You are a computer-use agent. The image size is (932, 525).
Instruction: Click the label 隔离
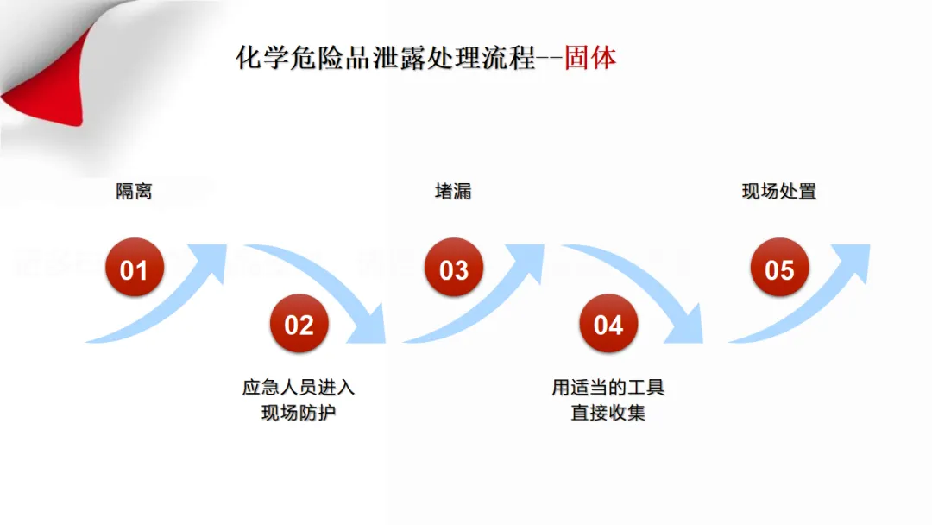click(x=134, y=191)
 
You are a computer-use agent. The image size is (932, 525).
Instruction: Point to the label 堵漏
click(x=453, y=191)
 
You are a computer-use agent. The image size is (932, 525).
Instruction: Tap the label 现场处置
click(x=779, y=191)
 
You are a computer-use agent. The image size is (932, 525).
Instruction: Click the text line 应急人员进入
click(x=299, y=388)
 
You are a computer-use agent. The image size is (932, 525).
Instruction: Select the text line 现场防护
click(x=299, y=414)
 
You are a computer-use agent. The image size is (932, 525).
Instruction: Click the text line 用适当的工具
click(x=608, y=388)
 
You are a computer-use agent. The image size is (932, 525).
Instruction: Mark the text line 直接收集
click(x=608, y=414)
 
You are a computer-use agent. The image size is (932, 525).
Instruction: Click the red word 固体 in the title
click(x=591, y=59)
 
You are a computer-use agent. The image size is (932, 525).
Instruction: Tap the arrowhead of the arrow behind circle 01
click(x=207, y=260)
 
